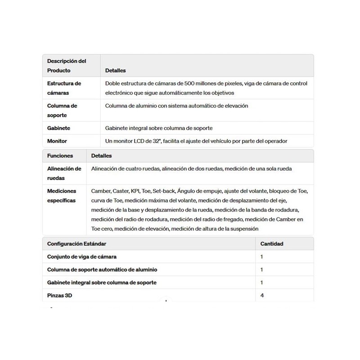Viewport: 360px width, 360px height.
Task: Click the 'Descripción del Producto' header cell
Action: pos(67,66)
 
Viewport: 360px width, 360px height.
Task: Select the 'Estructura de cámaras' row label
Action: pos(64,88)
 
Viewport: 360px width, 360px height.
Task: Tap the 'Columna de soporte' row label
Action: pos(62,110)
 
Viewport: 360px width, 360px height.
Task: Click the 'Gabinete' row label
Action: pos(58,128)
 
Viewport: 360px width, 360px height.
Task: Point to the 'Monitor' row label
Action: pos(57,141)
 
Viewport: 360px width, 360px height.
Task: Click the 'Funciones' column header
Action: pos(60,156)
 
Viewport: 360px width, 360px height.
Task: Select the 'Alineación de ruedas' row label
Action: pos(64,173)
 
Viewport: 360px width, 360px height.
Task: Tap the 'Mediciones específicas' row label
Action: pos(62,195)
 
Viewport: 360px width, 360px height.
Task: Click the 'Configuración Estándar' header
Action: pos(77,243)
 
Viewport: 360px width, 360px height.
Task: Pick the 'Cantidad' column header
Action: pos(272,243)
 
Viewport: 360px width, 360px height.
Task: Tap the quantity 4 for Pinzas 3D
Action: pos(262,296)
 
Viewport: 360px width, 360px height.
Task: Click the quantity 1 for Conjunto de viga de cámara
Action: pos(262,256)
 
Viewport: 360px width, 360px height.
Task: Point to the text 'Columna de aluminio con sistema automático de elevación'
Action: pos(176,106)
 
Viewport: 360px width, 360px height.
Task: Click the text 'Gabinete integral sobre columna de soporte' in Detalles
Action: pos(162,128)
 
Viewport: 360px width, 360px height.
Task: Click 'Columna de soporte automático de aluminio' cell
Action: pos(102,270)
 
